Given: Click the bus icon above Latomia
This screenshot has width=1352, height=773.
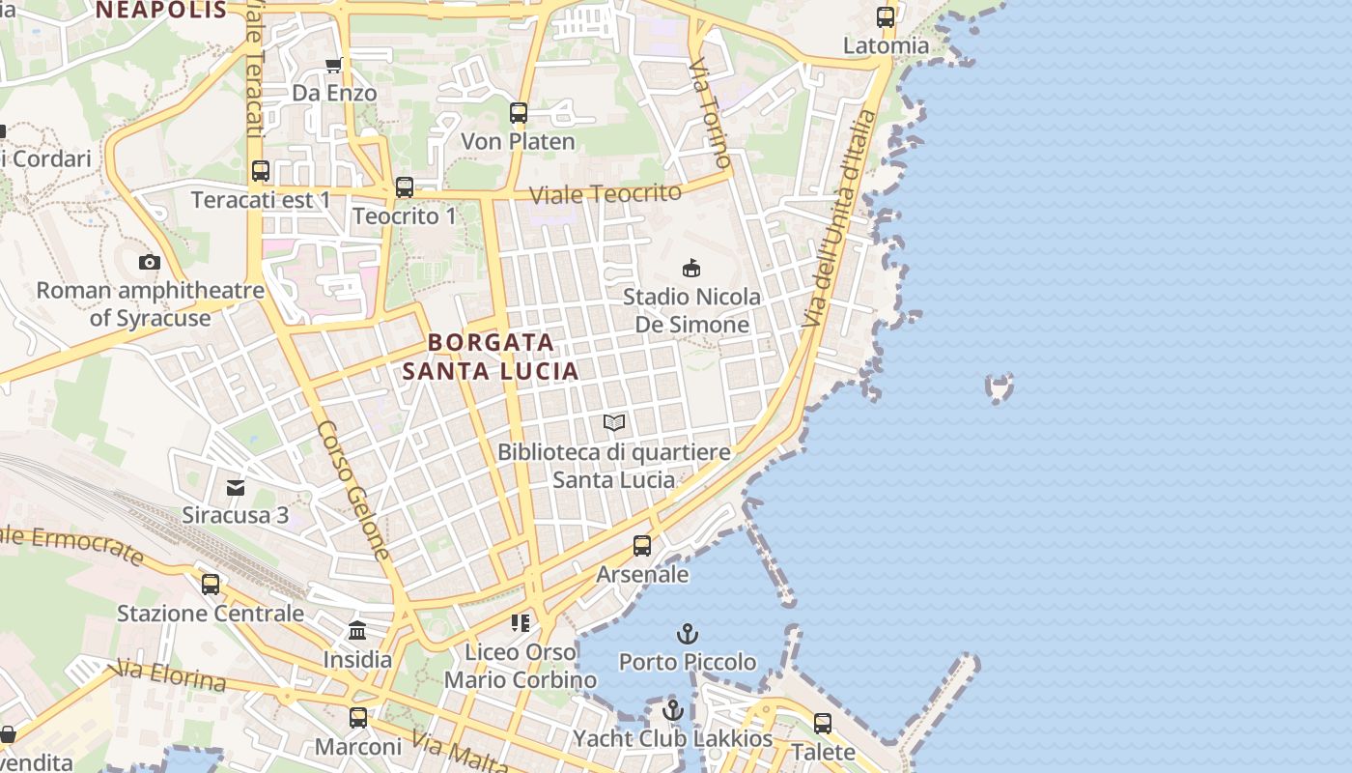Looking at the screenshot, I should tap(886, 17).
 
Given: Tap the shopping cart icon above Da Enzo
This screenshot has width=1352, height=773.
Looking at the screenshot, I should tap(334, 65).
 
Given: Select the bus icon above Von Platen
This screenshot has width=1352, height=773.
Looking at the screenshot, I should tap(519, 113).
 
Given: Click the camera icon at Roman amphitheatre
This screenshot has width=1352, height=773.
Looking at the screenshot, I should tap(150, 262).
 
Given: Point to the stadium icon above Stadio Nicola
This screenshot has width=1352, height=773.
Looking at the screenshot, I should tap(690, 268).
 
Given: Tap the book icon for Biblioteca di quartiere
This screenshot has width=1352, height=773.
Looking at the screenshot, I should tap(614, 422).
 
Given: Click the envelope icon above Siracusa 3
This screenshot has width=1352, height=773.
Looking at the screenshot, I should tap(236, 487).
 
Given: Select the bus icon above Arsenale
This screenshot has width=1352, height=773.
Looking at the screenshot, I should tap(642, 546).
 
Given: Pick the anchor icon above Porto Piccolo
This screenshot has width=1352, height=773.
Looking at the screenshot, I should tap(687, 634).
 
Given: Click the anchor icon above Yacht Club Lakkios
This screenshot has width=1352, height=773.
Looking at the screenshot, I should tap(673, 711).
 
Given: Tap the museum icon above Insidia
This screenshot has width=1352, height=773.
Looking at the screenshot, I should tap(357, 631).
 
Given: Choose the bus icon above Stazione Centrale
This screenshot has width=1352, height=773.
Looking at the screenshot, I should tap(211, 585).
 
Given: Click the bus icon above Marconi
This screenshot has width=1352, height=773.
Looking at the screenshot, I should tap(358, 718).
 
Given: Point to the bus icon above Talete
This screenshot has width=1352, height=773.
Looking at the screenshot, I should tap(823, 723).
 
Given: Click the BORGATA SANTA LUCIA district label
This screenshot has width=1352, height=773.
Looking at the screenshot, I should tap(491, 357).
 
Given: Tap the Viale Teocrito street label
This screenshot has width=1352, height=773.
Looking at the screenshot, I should tap(606, 193).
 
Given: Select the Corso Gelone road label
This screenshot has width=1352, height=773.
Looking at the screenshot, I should tap(354, 491).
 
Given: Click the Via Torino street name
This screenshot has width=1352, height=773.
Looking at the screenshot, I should tap(710, 110).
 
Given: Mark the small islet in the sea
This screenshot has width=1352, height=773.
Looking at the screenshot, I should tap(1000, 387).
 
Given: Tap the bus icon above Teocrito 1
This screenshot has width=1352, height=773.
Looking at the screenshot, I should tap(405, 187).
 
